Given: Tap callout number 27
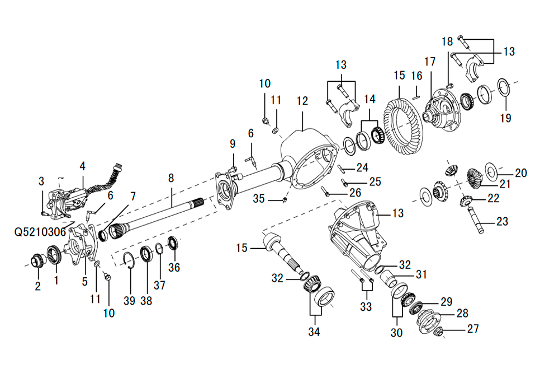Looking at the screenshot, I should click(473, 329).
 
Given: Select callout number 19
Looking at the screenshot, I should click(506, 118).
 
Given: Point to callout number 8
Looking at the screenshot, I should click(171, 178).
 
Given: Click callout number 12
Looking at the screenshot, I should click(302, 101).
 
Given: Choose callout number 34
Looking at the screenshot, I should click(314, 333).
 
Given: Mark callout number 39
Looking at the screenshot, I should click(130, 301).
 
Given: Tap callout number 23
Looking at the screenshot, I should click(502, 221).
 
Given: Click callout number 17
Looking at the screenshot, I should click(429, 61).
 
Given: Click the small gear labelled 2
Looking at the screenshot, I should click(37, 260).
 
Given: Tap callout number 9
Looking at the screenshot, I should click(233, 144).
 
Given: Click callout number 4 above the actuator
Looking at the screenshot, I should click(83, 166).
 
